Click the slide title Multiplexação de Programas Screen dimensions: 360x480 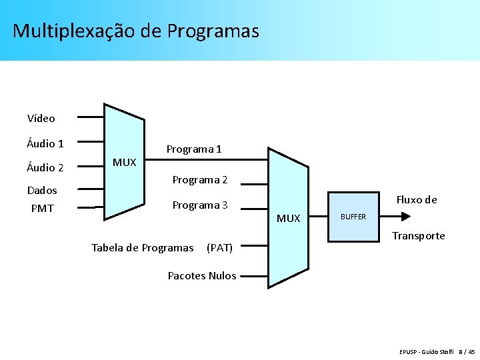click(135, 31)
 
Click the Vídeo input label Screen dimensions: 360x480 click(41, 119)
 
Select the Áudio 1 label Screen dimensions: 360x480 click(45, 143)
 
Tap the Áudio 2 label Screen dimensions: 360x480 click(45, 168)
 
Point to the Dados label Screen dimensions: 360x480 click(42, 191)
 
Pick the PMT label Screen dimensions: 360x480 click(42, 209)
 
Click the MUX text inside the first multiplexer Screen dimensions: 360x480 click(124, 163)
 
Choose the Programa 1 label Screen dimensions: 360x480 click(194, 149)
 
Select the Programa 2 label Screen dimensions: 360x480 click(200, 180)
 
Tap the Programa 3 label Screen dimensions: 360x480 click(200, 205)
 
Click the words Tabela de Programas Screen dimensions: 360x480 click(142, 248)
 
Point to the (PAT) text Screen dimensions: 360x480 click(220, 248)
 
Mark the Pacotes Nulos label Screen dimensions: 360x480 click(202, 276)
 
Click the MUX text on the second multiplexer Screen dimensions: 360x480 click(289, 219)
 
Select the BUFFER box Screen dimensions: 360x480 click(353, 217)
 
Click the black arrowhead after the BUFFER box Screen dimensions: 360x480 click(405, 216)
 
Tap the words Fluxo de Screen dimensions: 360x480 click(417, 199)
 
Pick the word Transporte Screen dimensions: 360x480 click(419, 236)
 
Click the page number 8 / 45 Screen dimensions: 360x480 click(467, 351)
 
